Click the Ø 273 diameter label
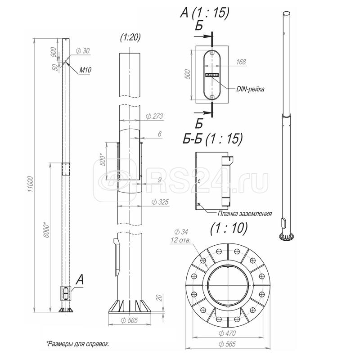(154, 117)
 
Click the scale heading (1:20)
(130, 38)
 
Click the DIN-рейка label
(250, 89)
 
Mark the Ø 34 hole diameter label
(182, 232)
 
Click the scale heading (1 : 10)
(229, 228)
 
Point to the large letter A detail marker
(80, 280)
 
